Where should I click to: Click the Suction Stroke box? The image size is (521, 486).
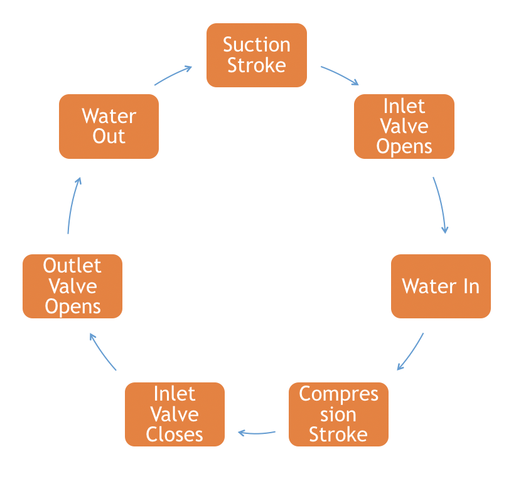(x=257, y=55)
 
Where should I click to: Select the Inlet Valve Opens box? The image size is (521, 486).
(x=404, y=126)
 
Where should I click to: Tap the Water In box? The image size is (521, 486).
(x=441, y=286)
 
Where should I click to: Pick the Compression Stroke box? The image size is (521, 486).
(x=338, y=414)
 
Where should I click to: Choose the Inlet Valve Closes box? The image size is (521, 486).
(x=175, y=414)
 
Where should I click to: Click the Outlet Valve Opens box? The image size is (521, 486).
(x=72, y=286)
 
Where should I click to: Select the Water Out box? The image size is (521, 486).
(x=109, y=126)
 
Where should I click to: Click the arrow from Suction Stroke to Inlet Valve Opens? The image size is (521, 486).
(x=340, y=75)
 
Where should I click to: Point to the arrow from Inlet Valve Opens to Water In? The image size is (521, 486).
(x=441, y=205)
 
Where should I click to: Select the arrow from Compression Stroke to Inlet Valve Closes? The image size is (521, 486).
(x=257, y=433)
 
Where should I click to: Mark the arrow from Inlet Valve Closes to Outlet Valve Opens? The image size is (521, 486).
(x=102, y=352)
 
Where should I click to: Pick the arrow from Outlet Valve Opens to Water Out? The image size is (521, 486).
(x=72, y=205)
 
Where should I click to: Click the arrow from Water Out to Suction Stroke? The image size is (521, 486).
(x=173, y=75)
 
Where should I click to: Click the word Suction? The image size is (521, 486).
(x=257, y=45)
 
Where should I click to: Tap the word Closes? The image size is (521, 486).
(x=175, y=435)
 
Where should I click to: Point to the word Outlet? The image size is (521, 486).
(x=72, y=266)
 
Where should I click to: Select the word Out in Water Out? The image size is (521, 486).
(x=109, y=136)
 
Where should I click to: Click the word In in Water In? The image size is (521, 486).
(x=471, y=286)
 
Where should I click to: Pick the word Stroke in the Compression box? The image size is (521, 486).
(x=338, y=435)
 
